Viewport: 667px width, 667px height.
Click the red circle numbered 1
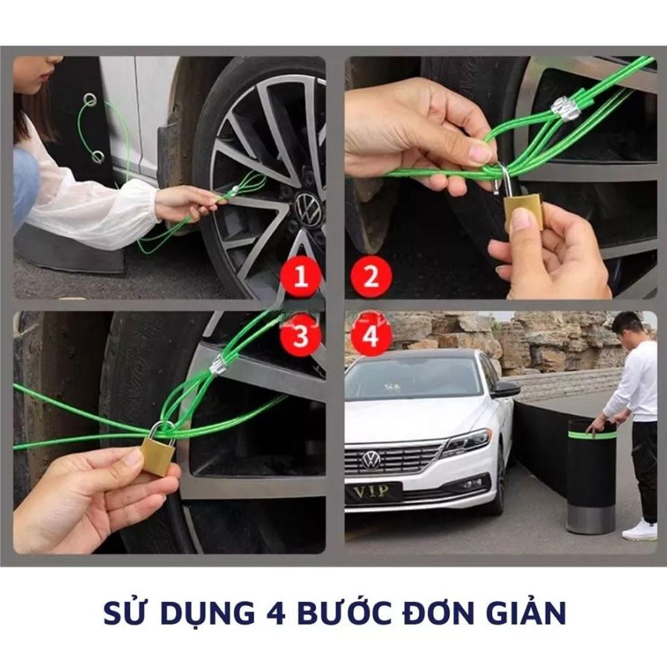301,276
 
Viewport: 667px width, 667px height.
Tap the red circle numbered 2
371,276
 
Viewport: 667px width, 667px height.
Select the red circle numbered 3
301,335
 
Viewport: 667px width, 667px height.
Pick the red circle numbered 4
371,335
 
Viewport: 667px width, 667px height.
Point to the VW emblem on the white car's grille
371,460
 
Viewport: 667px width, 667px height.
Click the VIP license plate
373,492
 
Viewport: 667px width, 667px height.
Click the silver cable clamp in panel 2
566,109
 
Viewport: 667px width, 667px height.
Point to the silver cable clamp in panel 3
218,365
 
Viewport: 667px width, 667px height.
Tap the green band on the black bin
591,435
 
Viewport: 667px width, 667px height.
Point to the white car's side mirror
505,388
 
